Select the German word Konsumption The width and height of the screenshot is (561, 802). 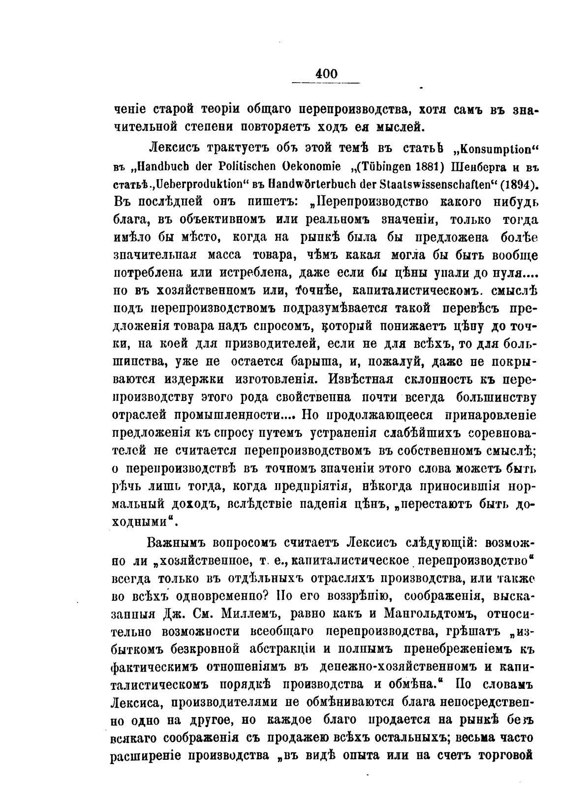tap(497, 150)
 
